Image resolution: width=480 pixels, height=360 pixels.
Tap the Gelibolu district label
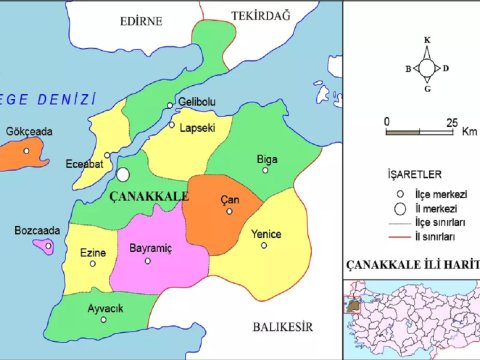[x=196, y=102]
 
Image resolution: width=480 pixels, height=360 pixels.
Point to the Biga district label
[x=267, y=157]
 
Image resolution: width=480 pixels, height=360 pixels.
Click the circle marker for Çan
[x=229, y=211]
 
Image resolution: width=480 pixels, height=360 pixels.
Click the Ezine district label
[x=93, y=253]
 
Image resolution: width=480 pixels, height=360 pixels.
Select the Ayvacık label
[x=105, y=309]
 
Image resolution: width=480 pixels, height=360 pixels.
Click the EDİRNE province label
[x=142, y=20]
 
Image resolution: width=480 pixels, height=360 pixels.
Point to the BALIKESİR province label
[x=283, y=326]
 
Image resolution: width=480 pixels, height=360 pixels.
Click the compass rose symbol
[x=427, y=67]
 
